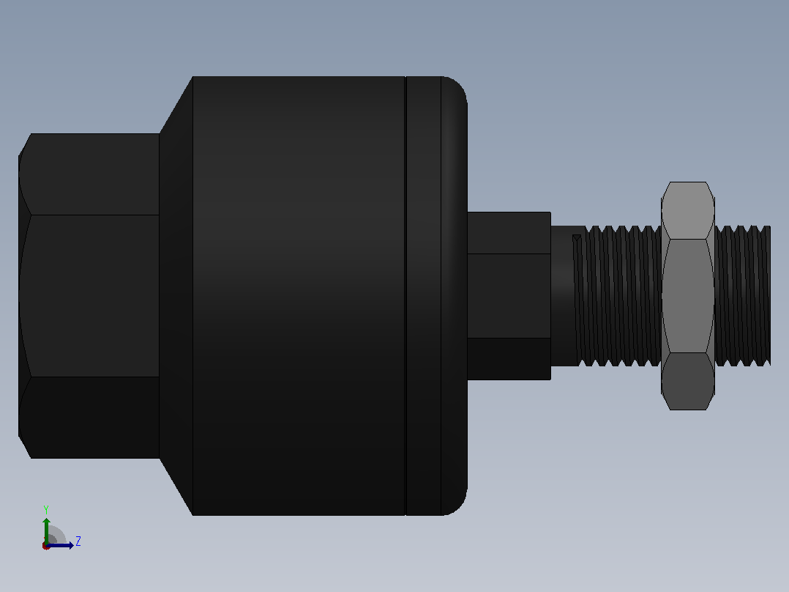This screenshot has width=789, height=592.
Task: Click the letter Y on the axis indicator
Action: click(x=46, y=509)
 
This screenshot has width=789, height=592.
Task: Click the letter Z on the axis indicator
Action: click(x=78, y=541)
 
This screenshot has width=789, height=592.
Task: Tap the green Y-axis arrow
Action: click(x=46, y=530)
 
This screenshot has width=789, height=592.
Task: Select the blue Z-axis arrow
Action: click(x=59, y=545)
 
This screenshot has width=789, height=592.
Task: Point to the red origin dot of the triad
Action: click(x=46, y=546)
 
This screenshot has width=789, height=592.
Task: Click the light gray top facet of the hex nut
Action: click(x=688, y=210)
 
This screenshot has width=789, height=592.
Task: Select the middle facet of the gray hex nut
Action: click(x=688, y=296)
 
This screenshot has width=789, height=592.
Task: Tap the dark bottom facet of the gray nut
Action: click(x=688, y=381)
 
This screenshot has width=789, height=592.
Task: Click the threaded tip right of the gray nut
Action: click(x=743, y=296)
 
